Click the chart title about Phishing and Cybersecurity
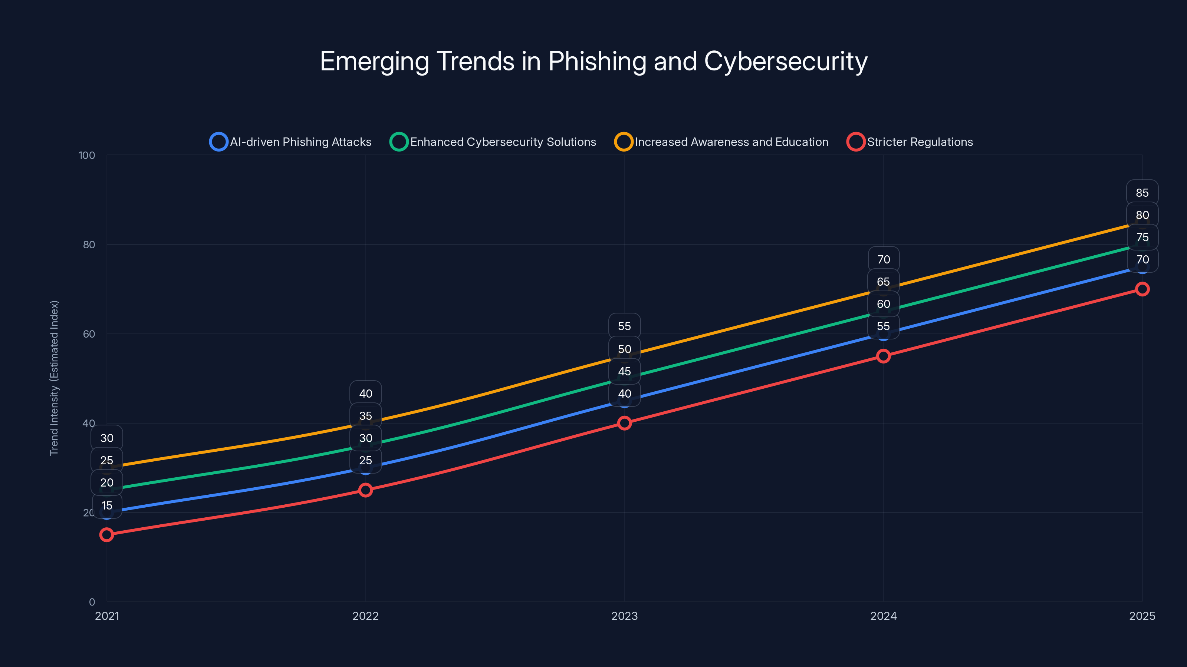[593, 61]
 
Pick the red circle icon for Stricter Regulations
[855, 142]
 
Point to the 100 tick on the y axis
[87, 156]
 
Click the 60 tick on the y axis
[89, 334]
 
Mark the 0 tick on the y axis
[92, 602]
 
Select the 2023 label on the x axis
[624, 616]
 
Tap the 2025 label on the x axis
[1142, 616]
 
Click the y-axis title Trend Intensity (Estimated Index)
[55, 378]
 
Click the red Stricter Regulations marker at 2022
[365, 490]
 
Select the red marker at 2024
[883, 356]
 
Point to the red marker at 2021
[107, 534]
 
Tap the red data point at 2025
[1142, 289]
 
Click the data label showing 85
[1142, 193]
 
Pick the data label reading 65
[883, 282]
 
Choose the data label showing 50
[624, 349]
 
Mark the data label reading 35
[365, 416]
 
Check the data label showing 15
[107, 505]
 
